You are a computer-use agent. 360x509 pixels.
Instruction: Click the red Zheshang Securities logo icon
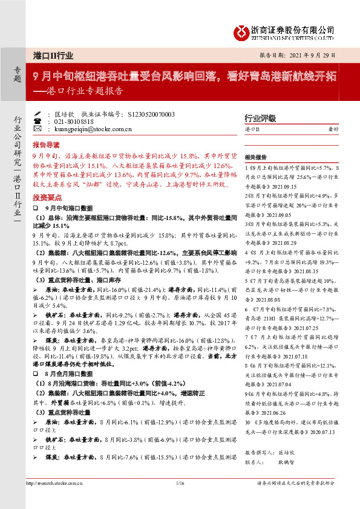243,32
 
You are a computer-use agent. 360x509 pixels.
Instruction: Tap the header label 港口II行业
53,56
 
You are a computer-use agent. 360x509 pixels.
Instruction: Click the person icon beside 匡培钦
38,114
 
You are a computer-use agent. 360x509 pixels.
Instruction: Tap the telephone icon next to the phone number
38,121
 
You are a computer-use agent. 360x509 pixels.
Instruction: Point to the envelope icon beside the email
38,129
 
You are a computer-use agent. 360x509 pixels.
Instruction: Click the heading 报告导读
46,145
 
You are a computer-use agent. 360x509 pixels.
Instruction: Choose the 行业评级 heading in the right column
260,118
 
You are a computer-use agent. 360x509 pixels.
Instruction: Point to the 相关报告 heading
257,155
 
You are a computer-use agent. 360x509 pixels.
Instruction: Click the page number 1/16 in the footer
179,482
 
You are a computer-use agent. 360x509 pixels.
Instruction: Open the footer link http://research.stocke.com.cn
54,482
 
